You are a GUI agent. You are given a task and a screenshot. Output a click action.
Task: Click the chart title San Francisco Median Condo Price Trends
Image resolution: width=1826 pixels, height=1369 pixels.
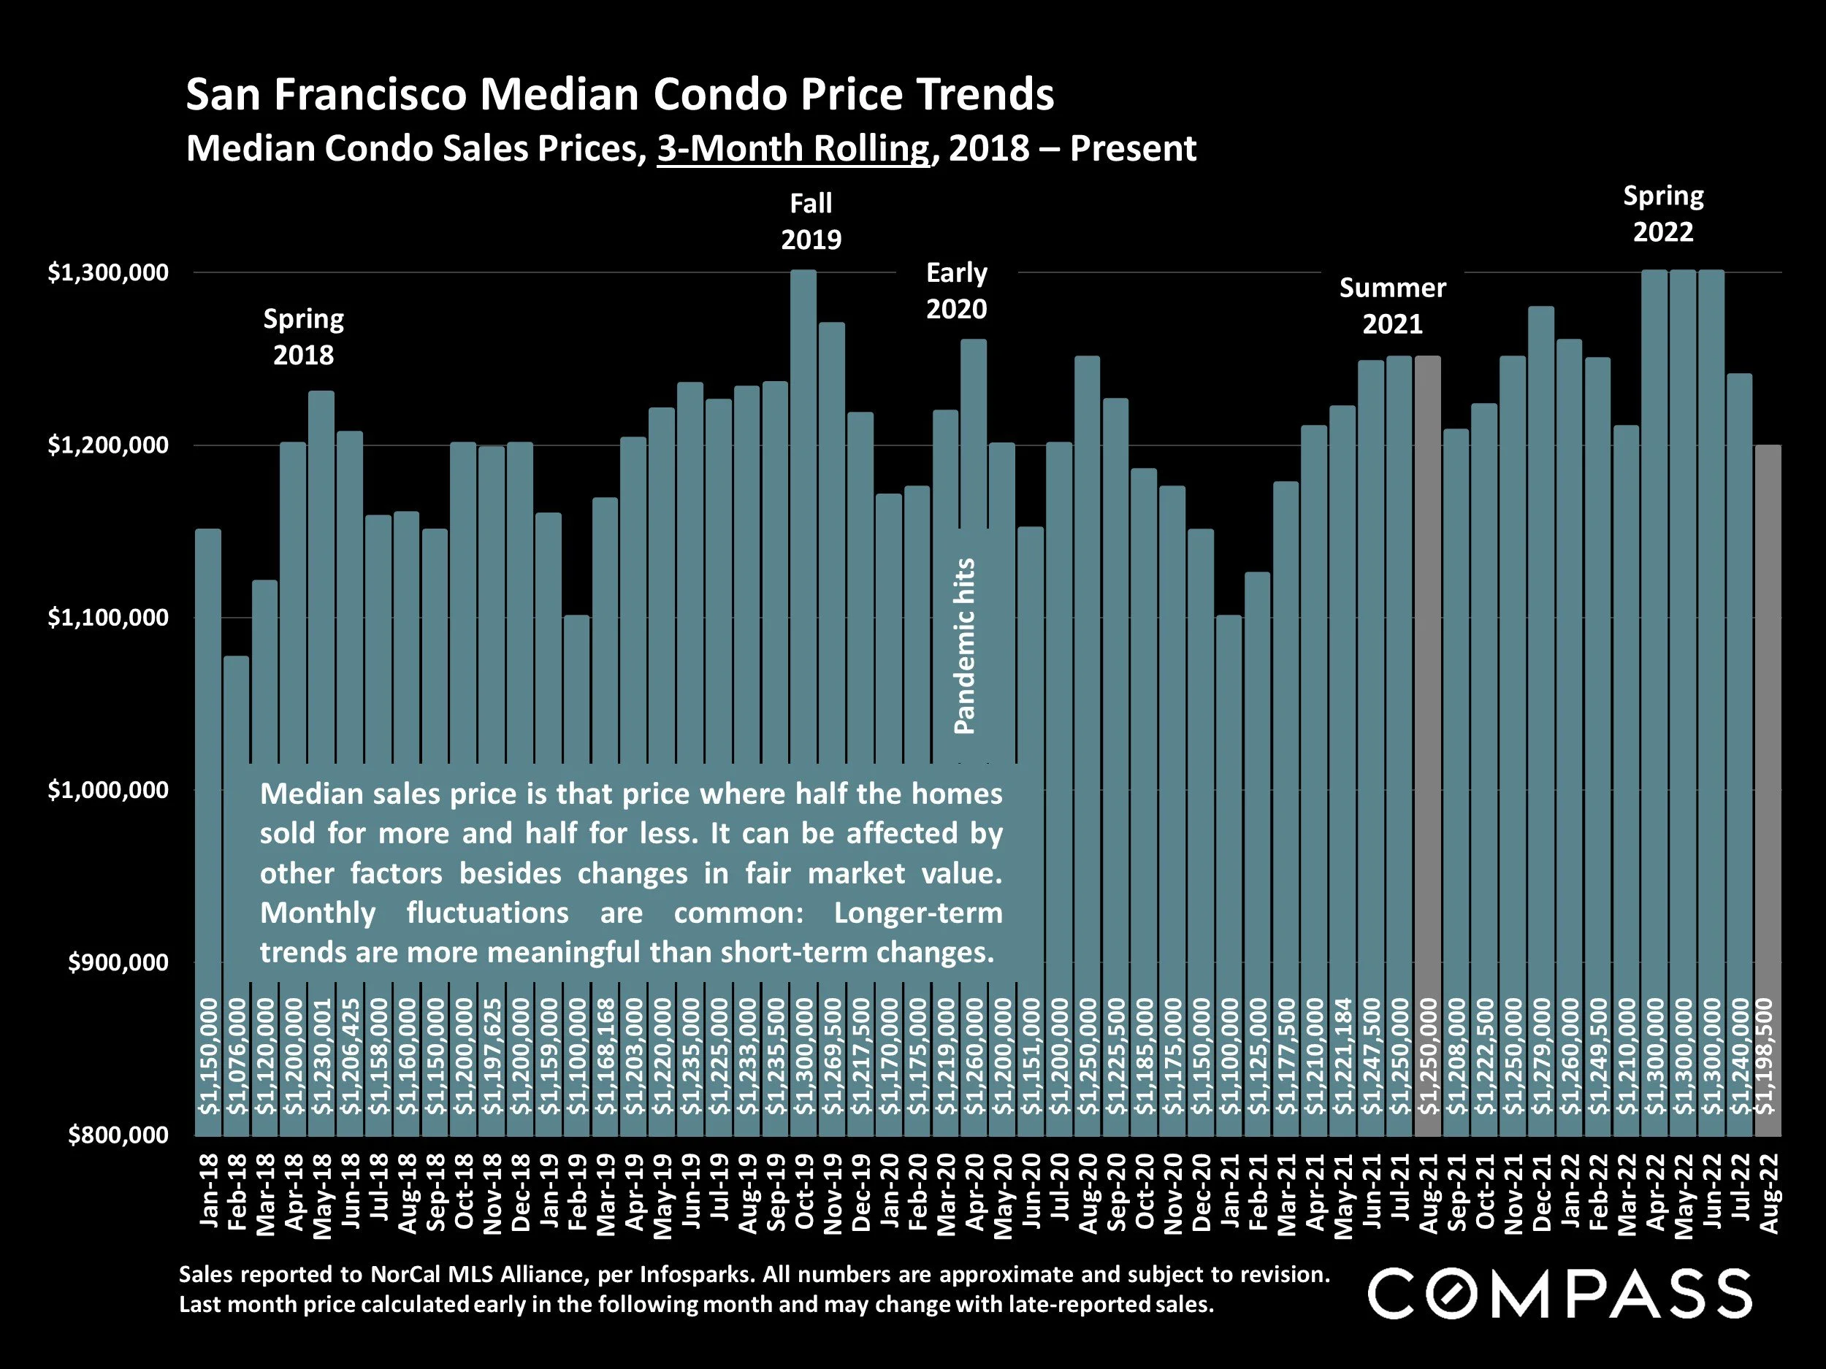[619, 94]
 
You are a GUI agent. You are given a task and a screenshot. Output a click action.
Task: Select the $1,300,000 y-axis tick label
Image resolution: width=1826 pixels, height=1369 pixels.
[108, 272]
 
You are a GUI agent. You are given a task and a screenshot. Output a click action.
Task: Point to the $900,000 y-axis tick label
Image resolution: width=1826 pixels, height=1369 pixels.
[118, 962]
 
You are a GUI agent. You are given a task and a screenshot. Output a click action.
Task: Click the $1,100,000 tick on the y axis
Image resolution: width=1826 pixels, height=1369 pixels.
[108, 617]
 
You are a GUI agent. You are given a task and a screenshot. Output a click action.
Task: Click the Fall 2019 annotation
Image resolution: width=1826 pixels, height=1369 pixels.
[811, 221]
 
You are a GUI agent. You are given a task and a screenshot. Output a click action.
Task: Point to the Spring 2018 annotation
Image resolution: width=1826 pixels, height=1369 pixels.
[303, 337]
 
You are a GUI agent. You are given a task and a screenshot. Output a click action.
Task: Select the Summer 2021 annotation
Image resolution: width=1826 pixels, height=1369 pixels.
[1392, 305]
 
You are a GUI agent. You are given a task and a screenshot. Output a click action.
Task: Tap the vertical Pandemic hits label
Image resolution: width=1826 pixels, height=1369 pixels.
[964, 646]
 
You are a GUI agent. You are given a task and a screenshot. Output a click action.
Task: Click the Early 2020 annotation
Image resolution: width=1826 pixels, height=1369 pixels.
[956, 291]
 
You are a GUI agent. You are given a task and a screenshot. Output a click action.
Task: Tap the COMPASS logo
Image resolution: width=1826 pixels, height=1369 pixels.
[1560, 1295]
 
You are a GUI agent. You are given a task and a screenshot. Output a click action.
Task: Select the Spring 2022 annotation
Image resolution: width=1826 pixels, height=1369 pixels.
[1662, 214]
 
